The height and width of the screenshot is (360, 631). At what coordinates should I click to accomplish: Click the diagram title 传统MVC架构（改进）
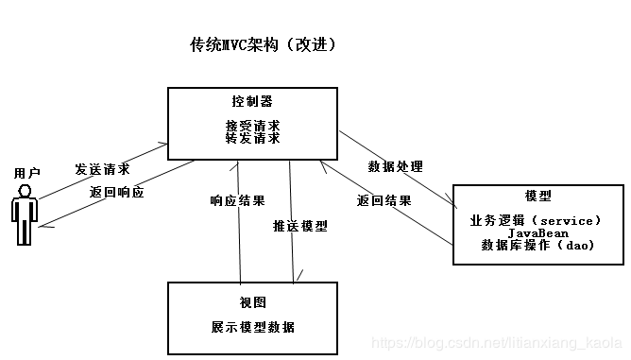(264, 45)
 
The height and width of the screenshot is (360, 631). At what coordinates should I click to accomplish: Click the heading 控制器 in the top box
(252, 101)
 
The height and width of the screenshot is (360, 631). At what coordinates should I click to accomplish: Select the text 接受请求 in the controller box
(252, 126)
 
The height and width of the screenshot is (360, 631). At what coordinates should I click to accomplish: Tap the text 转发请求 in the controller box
(252, 138)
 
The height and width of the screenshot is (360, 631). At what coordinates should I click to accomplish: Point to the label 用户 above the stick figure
(27, 174)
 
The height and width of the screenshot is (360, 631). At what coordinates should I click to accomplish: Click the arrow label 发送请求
(102, 170)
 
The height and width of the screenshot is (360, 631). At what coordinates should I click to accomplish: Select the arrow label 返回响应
(117, 192)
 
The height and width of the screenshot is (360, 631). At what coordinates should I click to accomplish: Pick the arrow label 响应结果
(237, 201)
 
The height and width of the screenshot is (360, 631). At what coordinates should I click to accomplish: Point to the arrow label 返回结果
(384, 201)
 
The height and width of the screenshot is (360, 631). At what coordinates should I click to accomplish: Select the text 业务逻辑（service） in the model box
(536, 220)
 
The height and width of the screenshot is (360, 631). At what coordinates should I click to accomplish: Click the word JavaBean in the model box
(536, 232)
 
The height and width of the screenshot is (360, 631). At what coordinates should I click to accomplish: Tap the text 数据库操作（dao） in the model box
(536, 245)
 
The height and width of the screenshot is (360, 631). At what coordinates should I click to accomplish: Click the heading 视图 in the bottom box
(252, 302)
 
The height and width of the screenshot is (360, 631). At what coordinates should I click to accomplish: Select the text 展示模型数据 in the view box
(252, 327)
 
